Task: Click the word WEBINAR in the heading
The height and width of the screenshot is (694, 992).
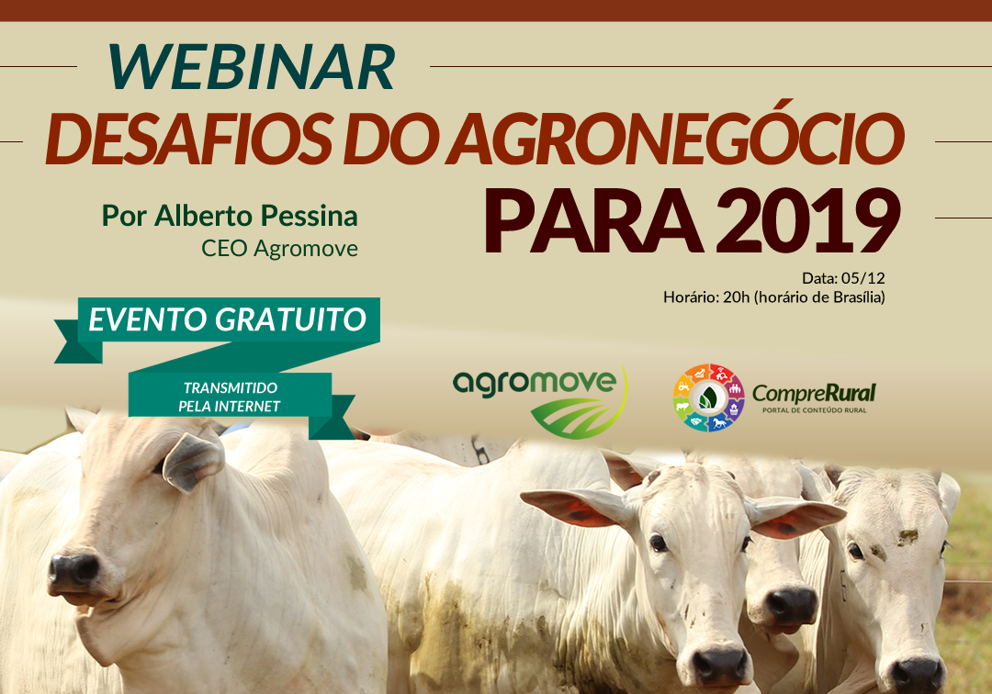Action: point(251,66)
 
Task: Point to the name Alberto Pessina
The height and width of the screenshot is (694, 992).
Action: point(256,216)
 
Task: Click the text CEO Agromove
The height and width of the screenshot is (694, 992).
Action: point(279,249)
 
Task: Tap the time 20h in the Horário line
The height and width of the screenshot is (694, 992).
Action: point(736,297)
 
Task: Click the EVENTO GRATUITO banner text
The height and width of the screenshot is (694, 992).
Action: point(228,319)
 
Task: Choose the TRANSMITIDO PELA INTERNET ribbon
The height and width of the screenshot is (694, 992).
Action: point(230,397)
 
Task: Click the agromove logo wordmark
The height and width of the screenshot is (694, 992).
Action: point(535,383)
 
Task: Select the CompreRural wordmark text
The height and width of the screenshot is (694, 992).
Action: point(814,393)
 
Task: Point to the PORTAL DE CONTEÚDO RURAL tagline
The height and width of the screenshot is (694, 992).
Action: point(814,410)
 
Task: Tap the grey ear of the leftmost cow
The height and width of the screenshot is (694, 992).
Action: point(194,462)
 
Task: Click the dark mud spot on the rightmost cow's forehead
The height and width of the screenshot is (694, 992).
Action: point(907,537)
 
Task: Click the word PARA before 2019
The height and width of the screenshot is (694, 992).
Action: point(593,221)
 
